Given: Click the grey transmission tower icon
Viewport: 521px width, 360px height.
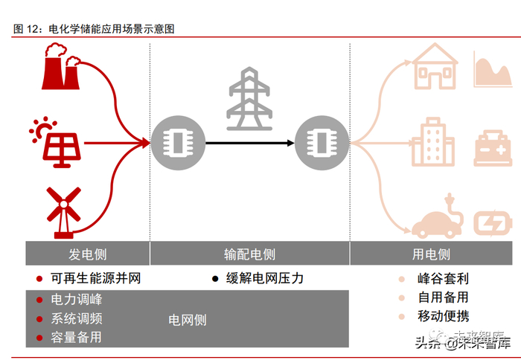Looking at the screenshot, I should (x=250, y=99).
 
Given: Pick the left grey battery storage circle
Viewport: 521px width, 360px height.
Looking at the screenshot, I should (x=173, y=141).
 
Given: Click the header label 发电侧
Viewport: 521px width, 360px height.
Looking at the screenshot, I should (x=87, y=254).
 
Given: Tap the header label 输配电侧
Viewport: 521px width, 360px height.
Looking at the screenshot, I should (x=249, y=254).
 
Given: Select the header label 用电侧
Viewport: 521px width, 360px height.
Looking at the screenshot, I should (x=431, y=254).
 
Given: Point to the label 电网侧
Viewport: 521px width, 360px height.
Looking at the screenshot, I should (x=188, y=320).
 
